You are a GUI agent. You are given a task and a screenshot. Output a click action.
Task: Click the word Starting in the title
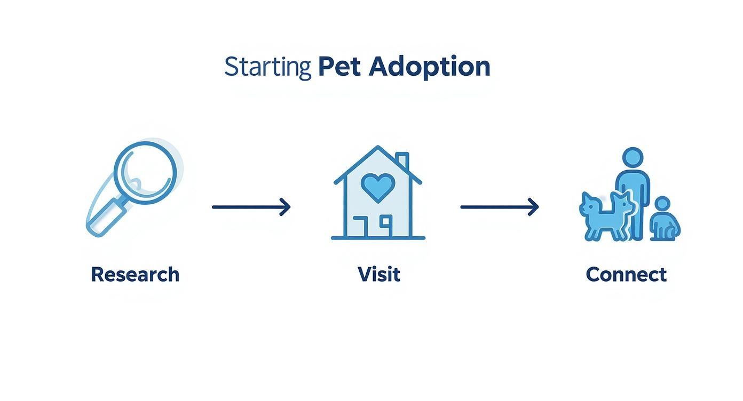click(x=267, y=67)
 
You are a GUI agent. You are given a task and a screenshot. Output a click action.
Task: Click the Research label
click(x=135, y=275)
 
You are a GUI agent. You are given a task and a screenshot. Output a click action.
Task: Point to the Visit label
click(x=379, y=275)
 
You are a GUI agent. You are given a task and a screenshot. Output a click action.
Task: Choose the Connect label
click(x=626, y=275)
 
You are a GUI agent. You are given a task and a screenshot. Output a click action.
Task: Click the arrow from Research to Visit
click(x=251, y=206)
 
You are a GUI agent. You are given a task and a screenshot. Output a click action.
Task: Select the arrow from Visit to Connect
click(x=500, y=206)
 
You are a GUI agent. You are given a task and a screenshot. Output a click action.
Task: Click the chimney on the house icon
click(x=402, y=160)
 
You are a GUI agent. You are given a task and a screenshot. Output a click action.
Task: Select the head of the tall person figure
click(x=633, y=158)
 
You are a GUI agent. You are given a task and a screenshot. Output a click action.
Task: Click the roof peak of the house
click(x=378, y=148)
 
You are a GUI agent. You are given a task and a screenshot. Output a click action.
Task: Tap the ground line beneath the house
click(x=378, y=238)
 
